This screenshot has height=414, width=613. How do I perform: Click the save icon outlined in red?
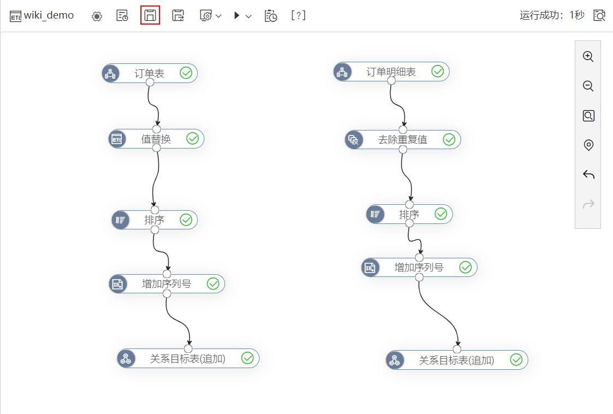click(150, 15)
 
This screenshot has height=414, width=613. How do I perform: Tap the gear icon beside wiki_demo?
click(97, 16)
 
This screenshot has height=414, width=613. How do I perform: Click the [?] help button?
click(298, 15)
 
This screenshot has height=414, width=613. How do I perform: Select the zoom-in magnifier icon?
click(588, 56)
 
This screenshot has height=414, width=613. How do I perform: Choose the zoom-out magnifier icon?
click(588, 86)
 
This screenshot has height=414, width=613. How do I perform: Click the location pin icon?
click(588, 145)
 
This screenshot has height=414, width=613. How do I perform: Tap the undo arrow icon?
click(588, 174)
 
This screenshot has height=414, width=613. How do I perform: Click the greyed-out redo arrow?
click(588, 204)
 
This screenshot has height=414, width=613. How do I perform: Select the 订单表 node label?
click(149, 73)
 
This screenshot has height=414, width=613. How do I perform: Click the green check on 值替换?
click(192, 138)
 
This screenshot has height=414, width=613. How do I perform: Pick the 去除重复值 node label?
click(403, 140)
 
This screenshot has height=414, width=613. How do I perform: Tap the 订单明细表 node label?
click(391, 72)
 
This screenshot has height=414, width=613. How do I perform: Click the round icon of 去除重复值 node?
click(354, 140)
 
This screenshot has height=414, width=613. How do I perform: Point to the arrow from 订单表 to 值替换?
click(153, 105)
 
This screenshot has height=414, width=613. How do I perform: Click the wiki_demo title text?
click(49, 15)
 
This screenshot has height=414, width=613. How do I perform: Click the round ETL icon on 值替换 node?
click(117, 139)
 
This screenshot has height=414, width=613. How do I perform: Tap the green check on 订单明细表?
click(438, 71)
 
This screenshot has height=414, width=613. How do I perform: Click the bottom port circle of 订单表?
click(150, 82)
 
